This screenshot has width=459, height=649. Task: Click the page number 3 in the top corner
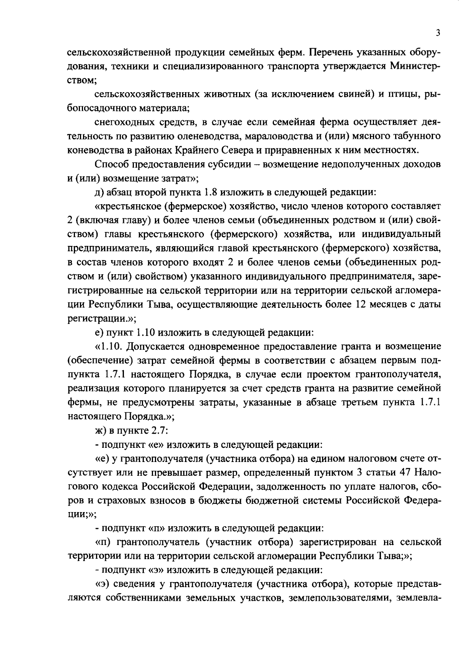click(438, 33)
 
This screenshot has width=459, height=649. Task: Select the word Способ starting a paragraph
click(111, 164)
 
